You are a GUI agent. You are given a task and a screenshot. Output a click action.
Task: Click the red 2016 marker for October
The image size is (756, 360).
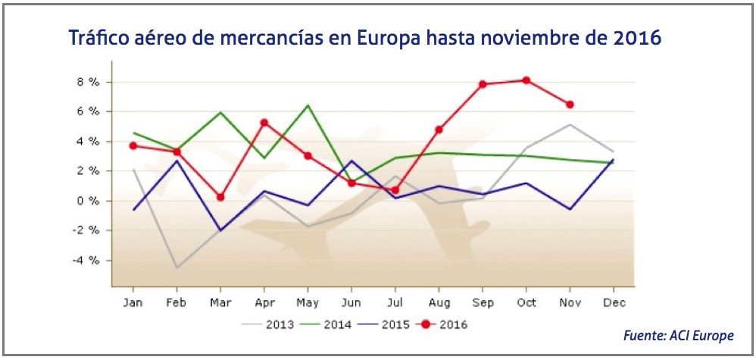[x=526, y=80]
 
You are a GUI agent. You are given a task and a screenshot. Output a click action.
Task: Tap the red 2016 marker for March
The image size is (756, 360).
[x=220, y=197]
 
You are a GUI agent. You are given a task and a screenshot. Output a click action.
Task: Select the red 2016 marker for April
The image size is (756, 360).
[x=264, y=122]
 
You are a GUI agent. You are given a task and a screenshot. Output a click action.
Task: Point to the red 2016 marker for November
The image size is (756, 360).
[x=570, y=105]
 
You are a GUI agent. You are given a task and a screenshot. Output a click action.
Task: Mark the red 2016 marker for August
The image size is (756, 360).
[x=439, y=130]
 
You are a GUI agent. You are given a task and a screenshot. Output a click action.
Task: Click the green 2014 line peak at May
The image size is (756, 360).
[x=308, y=105]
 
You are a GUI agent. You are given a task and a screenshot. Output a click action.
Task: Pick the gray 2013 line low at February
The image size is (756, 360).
[x=176, y=268]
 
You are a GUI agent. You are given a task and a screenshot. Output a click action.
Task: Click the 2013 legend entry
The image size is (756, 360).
[x=268, y=325]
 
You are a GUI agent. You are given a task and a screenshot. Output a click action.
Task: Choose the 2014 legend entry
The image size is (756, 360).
[x=329, y=325]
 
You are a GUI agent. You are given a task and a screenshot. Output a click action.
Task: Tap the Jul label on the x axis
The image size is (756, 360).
[x=395, y=303]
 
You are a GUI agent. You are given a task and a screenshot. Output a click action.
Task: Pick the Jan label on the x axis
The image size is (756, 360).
[x=133, y=303]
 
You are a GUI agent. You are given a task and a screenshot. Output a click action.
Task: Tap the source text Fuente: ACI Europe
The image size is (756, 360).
[x=678, y=335]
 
